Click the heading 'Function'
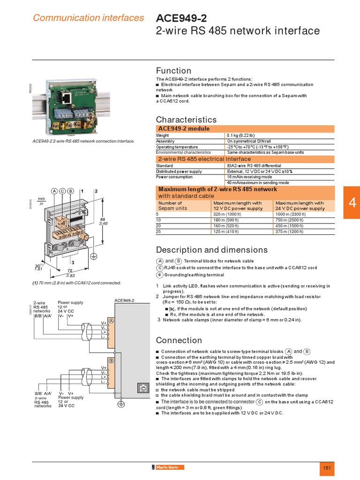pos(173,70)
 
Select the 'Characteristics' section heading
pos(186,120)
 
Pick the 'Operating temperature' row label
pos(177,147)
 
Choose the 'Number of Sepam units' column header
pos(173,205)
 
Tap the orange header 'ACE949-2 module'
pos(184,128)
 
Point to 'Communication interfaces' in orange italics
pos(88,18)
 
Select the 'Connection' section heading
pos(179,340)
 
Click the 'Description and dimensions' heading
pos(211,249)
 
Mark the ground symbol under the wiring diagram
pos(120,404)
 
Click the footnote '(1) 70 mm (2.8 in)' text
pos(76,283)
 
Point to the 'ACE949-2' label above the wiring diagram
pos(124,300)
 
